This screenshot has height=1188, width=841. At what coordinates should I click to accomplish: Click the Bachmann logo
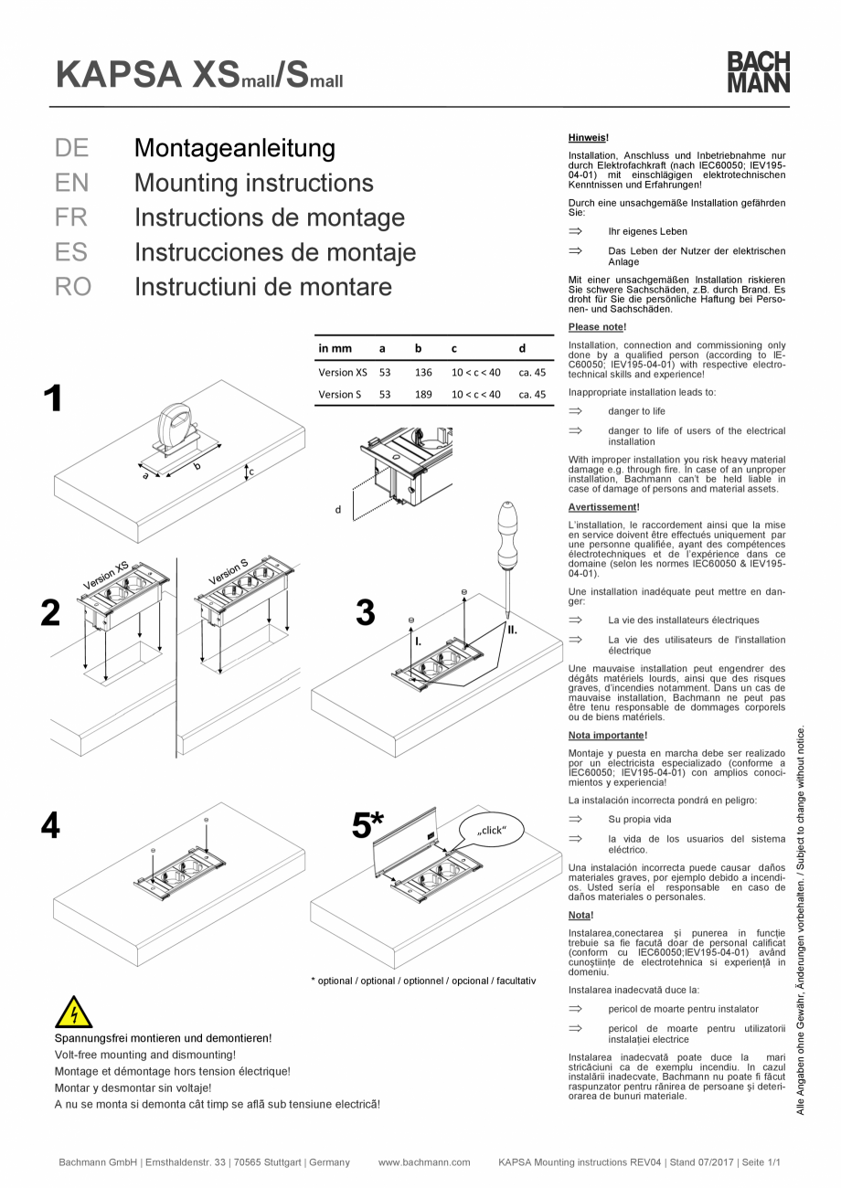click(x=758, y=71)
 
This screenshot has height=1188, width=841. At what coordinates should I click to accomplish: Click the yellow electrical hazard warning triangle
click(x=74, y=1013)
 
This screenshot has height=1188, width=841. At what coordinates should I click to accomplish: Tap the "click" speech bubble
click(x=492, y=830)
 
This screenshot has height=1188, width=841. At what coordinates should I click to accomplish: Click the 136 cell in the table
click(x=422, y=372)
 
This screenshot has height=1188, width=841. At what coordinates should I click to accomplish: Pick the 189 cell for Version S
click(x=422, y=395)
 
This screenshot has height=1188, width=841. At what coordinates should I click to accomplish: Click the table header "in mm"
click(x=335, y=348)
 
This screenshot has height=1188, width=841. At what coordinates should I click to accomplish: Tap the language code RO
click(x=73, y=287)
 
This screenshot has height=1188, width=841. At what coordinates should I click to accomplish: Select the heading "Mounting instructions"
click(x=253, y=183)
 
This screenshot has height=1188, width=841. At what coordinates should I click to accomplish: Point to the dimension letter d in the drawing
click(x=337, y=509)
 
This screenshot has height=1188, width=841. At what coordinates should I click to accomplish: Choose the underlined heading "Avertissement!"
click(x=603, y=506)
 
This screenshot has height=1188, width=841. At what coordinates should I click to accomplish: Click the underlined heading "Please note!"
click(x=597, y=326)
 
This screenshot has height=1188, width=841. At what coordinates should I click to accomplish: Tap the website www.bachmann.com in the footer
click(x=423, y=1162)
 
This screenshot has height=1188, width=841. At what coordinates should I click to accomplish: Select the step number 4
click(x=51, y=826)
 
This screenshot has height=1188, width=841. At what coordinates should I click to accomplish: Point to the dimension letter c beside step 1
click(x=251, y=472)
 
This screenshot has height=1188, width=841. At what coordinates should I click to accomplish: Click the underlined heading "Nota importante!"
click(x=609, y=734)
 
